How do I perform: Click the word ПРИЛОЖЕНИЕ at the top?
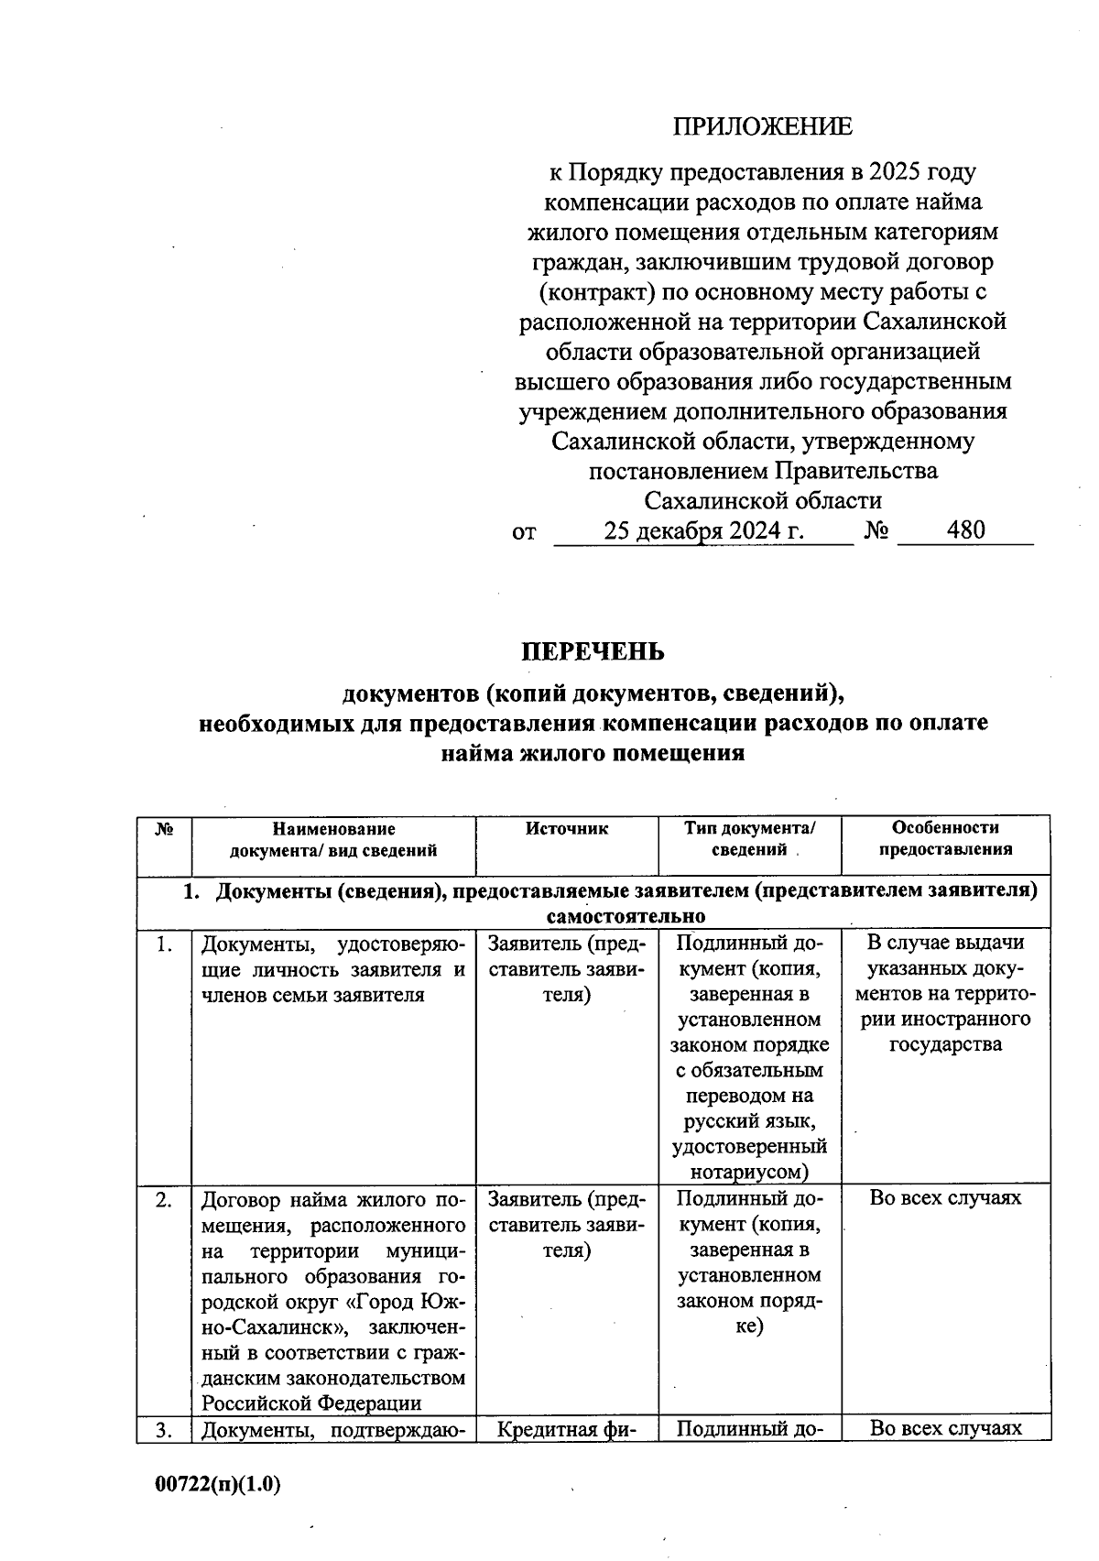762,126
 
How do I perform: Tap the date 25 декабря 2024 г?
703,530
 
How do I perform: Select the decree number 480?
966,529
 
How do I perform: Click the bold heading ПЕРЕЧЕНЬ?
593,651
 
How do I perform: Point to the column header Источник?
567,829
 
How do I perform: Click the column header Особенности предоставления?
945,838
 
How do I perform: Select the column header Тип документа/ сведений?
749,838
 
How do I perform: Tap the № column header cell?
165,829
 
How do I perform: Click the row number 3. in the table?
164,1429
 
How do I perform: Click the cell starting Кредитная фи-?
567,1429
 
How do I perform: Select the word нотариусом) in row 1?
749,1172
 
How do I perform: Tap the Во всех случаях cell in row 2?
945,1198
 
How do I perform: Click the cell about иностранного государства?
945,993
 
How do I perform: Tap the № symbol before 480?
876,530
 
